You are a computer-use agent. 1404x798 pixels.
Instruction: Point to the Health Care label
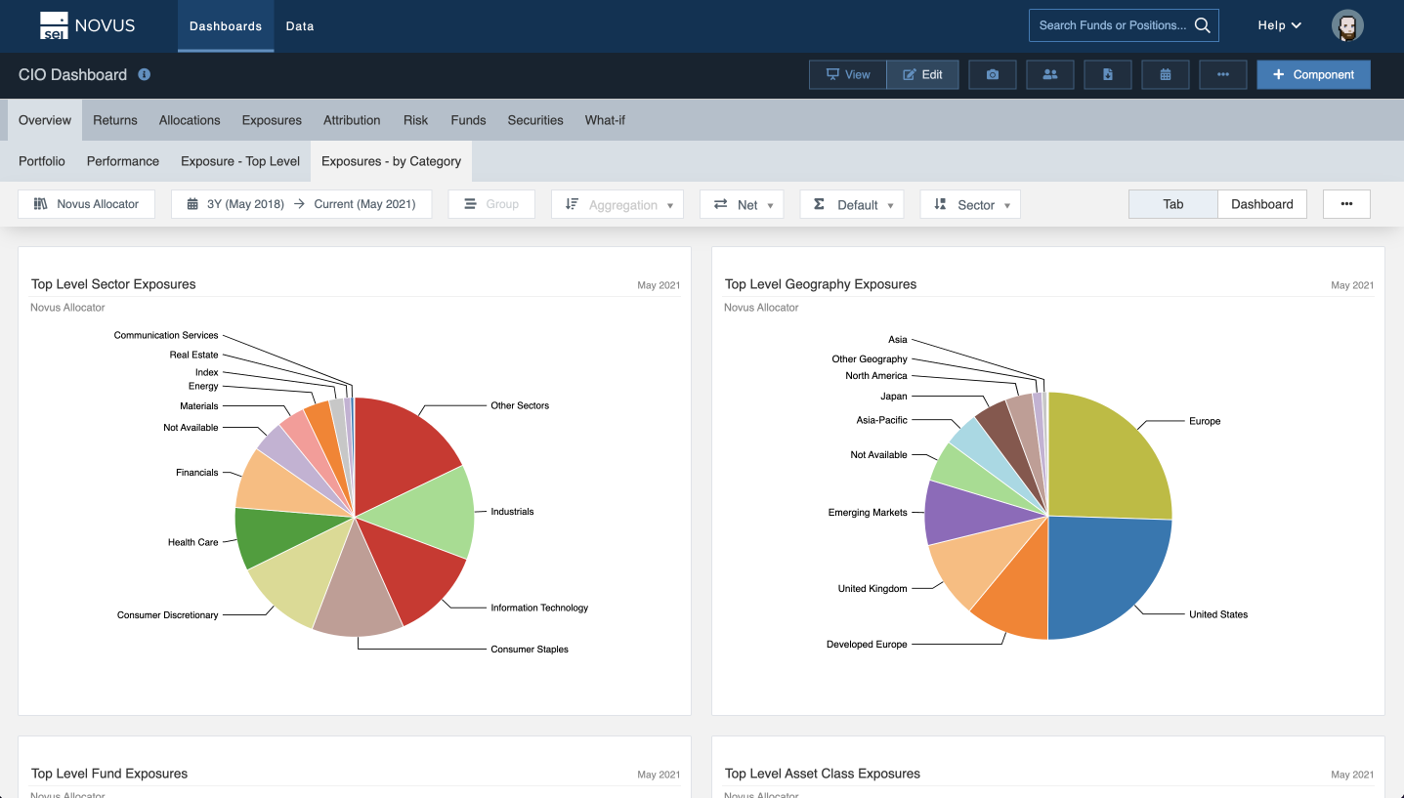[192, 542]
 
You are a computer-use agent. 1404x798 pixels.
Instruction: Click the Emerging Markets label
[868, 513]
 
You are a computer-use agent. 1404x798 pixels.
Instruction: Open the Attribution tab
[352, 120]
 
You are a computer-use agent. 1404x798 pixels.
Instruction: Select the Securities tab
[534, 120]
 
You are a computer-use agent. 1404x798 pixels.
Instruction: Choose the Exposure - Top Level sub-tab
[240, 161]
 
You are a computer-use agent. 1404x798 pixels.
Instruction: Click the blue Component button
[1313, 75]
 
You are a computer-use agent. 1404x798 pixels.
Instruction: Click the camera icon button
[993, 75]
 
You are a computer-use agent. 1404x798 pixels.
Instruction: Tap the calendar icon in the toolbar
[1165, 75]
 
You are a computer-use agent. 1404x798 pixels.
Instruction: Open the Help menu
[1278, 25]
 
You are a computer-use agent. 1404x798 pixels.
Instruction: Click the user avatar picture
[1347, 25]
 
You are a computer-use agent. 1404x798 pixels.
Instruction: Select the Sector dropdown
[970, 204]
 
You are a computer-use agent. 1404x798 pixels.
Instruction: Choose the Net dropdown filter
[743, 204]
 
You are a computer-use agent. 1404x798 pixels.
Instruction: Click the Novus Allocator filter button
[87, 204]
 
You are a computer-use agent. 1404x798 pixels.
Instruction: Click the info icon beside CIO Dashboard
[145, 74]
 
